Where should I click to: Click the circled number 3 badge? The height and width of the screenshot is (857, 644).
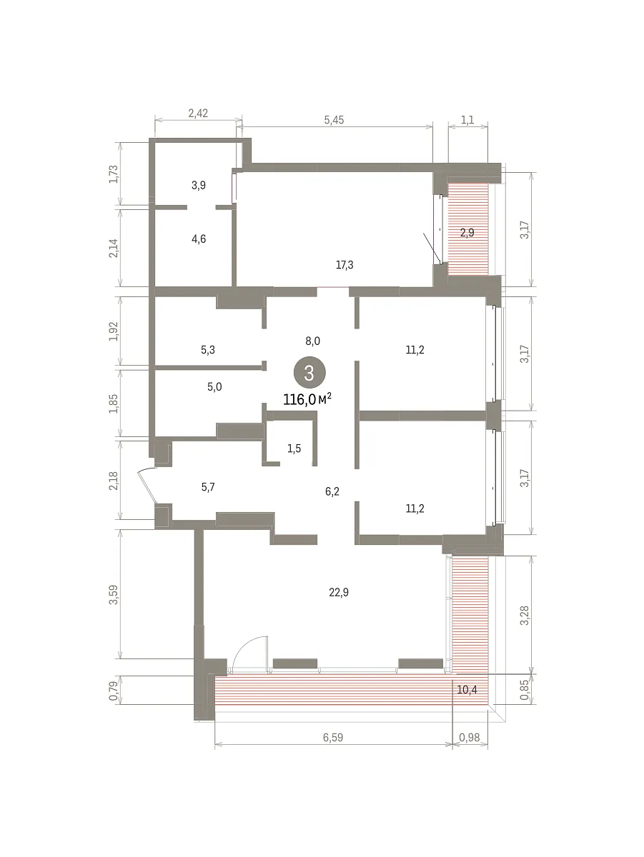(x=309, y=373)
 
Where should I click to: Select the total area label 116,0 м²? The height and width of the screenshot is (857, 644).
(x=307, y=399)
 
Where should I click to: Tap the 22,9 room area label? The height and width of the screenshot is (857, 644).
(x=338, y=592)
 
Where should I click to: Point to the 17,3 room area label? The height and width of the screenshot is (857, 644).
(x=345, y=265)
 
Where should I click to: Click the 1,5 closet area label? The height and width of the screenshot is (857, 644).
(x=294, y=448)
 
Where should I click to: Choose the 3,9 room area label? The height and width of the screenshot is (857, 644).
(x=199, y=185)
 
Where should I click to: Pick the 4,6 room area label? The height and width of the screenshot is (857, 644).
(x=199, y=239)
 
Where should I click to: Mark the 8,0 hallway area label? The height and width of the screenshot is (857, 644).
(x=312, y=341)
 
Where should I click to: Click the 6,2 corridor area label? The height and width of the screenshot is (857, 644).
(x=332, y=491)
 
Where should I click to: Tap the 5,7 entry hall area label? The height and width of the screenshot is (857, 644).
(x=208, y=487)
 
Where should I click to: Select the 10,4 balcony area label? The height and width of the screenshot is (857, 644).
(x=467, y=690)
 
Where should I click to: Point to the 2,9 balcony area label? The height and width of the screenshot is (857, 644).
(x=467, y=233)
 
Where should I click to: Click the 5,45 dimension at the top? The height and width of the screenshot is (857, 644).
(x=334, y=120)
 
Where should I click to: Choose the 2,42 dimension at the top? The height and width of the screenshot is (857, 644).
(x=198, y=114)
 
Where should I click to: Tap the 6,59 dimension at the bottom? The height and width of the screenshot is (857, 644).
(x=333, y=738)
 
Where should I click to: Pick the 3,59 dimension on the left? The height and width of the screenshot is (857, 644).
(x=114, y=595)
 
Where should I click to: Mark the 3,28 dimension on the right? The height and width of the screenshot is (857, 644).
(x=525, y=616)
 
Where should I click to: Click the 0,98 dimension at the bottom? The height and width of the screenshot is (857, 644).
(x=470, y=738)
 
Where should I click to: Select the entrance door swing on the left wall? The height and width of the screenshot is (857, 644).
(x=147, y=486)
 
